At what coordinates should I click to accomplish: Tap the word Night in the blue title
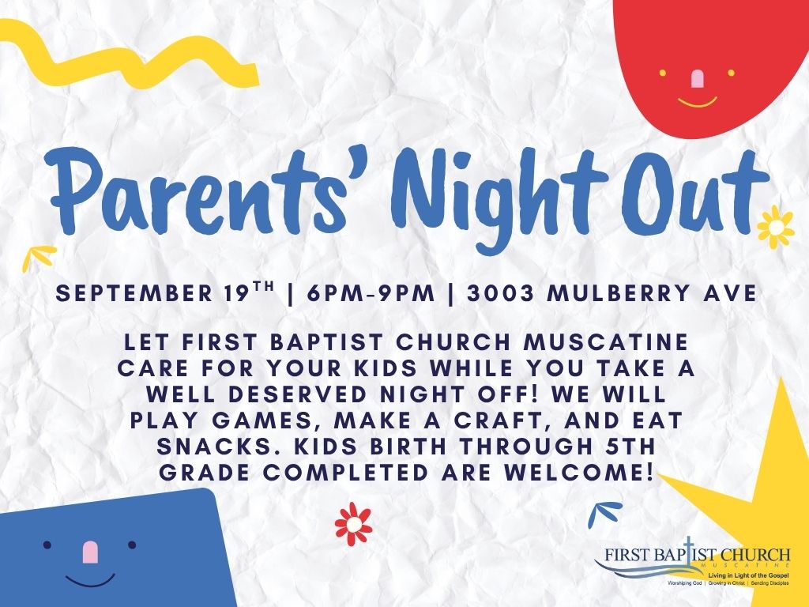coord(500,197)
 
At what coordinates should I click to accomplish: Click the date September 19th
coord(167,292)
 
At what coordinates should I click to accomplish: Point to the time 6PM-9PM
coord(371,294)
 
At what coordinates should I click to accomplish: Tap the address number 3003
coord(500,294)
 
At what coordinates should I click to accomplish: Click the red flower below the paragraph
coord(353,524)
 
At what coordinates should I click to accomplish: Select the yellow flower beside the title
coord(776,227)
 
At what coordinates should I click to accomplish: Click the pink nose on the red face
coord(697,78)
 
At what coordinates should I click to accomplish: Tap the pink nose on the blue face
coord(90,552)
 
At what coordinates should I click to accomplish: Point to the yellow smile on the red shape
coord(697,102)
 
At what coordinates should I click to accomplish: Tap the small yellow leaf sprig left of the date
coord(38,257)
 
